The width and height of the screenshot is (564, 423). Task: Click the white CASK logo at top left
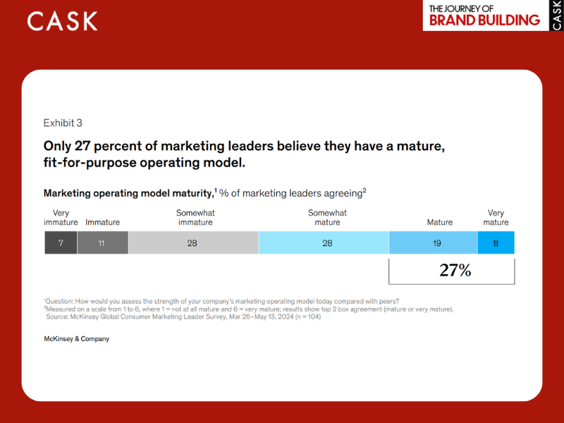tap(63, 21)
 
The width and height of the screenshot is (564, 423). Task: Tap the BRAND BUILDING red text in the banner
tap(484, 20)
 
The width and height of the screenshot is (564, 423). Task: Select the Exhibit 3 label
tap(63, 123)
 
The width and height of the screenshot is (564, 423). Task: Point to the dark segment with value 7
tap(61, 243)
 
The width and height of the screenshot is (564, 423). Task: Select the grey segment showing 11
tap(102, 243)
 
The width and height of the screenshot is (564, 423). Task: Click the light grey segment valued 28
tap(193, 243)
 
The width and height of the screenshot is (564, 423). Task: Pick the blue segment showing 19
tap(437, 243)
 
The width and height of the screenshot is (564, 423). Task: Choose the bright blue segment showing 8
tap(496, 243)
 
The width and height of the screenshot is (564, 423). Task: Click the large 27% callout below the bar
tap(455, 270)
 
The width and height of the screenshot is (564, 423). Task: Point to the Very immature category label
tap(61, 218)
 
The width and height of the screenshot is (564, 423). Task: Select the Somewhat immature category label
tap(195, 218)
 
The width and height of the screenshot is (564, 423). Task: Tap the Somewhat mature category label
tap(327, 218)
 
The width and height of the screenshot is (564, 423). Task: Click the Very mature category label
tap(496, 218)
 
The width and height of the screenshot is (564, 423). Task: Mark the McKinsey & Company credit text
tap(76, 339)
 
